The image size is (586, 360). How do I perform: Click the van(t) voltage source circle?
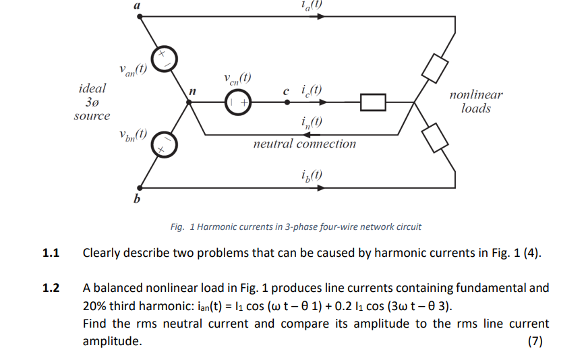pos(163,59)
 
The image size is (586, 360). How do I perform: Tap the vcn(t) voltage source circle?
pos(237,102)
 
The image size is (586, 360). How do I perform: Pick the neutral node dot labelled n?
pos(191,102)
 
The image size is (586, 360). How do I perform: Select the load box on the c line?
pos(373,102)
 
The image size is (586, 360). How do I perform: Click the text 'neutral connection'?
pos(304,144)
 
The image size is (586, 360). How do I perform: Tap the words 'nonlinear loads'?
pos(475,102)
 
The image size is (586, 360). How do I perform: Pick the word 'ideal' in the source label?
pos(92,88)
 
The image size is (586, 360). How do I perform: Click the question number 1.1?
pos(51,253)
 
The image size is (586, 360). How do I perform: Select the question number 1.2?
pos(51,289)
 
